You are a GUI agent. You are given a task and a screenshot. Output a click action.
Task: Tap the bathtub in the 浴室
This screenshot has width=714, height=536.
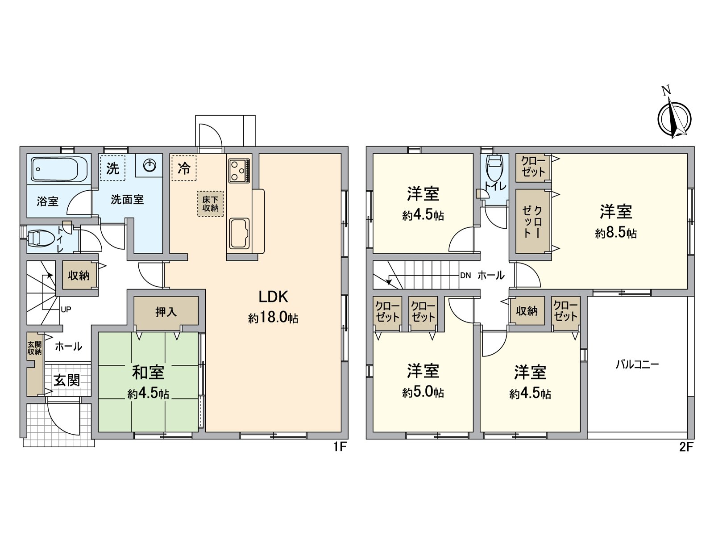(54, 169)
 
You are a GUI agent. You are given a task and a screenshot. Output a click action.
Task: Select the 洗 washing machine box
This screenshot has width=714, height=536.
(112, 168)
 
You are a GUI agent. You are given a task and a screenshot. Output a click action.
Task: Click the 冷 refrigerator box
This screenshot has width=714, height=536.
(184, 168)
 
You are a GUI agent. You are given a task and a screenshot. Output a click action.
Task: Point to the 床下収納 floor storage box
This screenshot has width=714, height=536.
(210, 204)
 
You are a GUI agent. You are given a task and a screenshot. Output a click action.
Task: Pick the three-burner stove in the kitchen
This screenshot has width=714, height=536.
(240, 171)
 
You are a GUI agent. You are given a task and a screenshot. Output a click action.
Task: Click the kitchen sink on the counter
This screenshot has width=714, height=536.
(239, 233)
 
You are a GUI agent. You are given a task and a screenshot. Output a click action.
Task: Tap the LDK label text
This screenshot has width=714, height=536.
(273, 296)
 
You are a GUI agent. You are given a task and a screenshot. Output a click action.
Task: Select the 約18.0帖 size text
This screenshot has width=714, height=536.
(273, 318)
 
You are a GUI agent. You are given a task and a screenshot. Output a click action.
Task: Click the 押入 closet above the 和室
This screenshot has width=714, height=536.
(166, 311)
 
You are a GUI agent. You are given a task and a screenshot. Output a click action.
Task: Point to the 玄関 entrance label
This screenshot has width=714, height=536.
(67, 380)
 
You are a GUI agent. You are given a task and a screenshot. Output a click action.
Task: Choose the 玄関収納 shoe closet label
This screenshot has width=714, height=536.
(34, 348)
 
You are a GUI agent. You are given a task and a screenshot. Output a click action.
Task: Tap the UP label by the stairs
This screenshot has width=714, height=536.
(66, 309)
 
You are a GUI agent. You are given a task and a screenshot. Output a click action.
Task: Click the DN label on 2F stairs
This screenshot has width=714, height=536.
(465, 275)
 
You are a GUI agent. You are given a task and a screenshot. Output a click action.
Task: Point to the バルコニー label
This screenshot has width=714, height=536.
(637, 364)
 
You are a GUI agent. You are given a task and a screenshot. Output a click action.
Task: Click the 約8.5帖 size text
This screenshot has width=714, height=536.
(615, 233)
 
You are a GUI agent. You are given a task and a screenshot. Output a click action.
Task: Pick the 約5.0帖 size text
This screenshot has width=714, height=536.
(423, 392)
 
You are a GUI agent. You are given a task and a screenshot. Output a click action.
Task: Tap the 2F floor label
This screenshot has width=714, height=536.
(686, 447)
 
